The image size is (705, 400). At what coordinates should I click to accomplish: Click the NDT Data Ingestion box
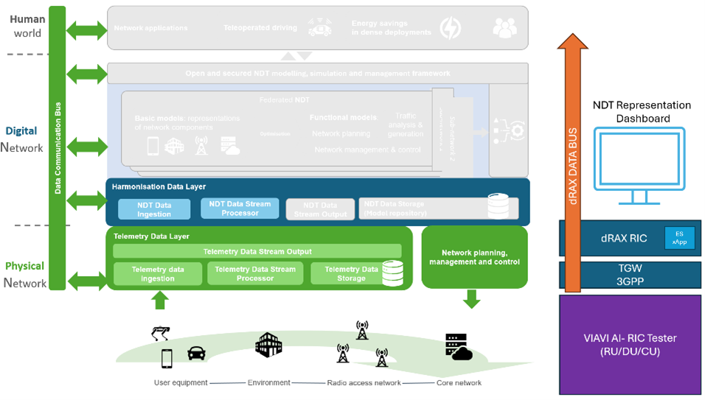coord(154,209)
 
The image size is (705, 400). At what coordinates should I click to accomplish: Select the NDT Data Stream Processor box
coord(240,208)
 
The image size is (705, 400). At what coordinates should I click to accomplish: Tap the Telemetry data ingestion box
coord(158,274)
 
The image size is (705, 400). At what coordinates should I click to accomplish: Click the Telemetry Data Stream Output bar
coord(257,251)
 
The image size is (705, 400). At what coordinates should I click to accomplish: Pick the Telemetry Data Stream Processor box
coord(255,274)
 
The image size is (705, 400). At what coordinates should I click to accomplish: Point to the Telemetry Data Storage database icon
coord(392,273)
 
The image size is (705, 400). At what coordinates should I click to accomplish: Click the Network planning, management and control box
coord(474,257)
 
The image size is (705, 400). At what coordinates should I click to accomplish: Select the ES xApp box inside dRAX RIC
coord(679,238)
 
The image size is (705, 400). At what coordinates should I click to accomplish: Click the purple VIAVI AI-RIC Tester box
coord(630,344)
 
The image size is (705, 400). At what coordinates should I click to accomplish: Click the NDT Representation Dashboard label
coord(642,111)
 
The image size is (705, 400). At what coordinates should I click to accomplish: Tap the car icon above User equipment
coord(196,353)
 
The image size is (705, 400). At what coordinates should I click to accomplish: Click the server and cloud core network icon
coord(458,347)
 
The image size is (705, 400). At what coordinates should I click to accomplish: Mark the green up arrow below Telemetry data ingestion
coord(159,300)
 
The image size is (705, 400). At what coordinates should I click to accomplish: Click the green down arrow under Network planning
coord(471,298)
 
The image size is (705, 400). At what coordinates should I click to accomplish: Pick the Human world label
coord(27,26)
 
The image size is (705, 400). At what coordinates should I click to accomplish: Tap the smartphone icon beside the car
coord(167,358)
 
